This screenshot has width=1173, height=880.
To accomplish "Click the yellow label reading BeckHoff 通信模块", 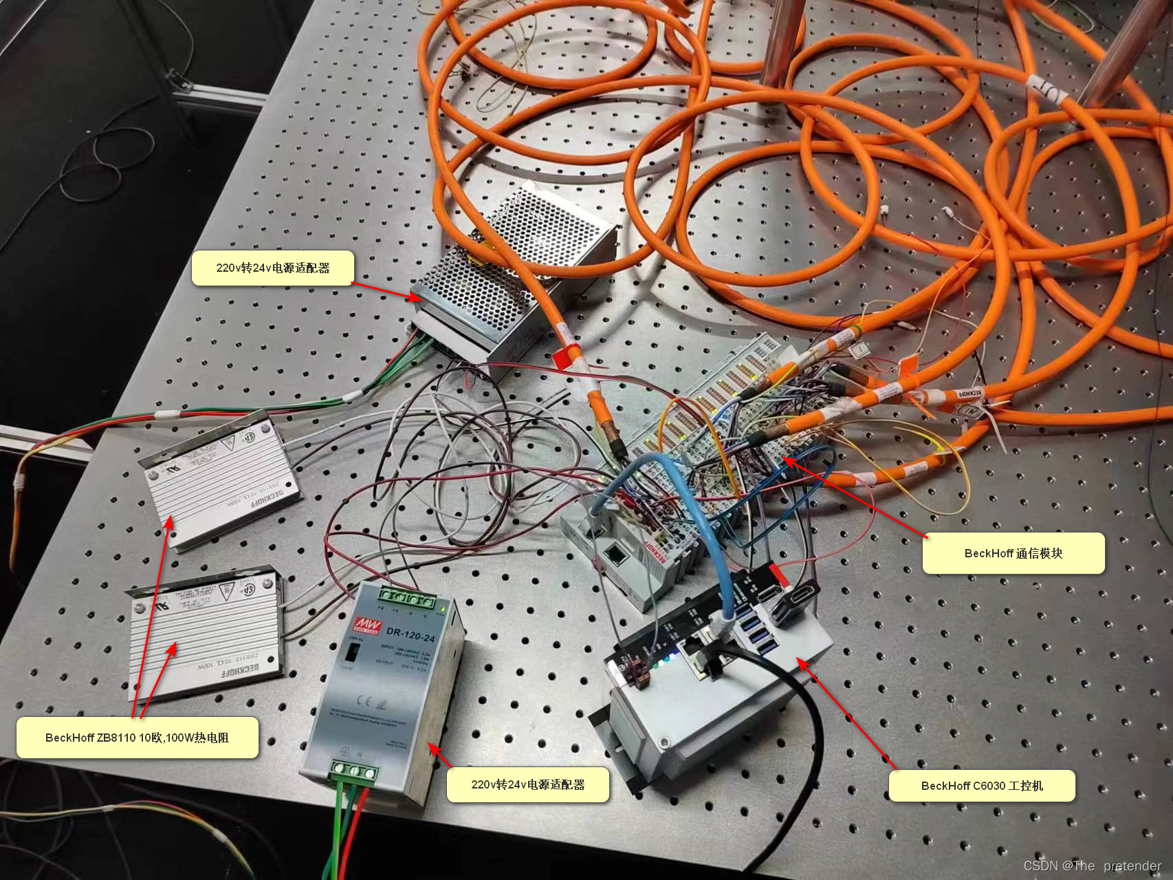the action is point(1013,553).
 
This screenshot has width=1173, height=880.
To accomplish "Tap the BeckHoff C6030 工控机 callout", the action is point(981,786).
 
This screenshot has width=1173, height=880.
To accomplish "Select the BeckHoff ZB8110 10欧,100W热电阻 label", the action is point(137,738).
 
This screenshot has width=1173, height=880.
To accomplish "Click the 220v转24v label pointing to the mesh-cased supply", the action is point(272,268).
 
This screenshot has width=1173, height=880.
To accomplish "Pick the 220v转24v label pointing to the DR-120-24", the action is point(527,784).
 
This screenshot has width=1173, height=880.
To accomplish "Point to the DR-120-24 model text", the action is point(410,634).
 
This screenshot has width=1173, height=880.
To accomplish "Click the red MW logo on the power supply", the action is point(366,625).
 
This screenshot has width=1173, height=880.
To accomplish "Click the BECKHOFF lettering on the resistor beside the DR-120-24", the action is point(240,670).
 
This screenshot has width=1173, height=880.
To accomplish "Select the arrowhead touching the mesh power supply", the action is point(415,297).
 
